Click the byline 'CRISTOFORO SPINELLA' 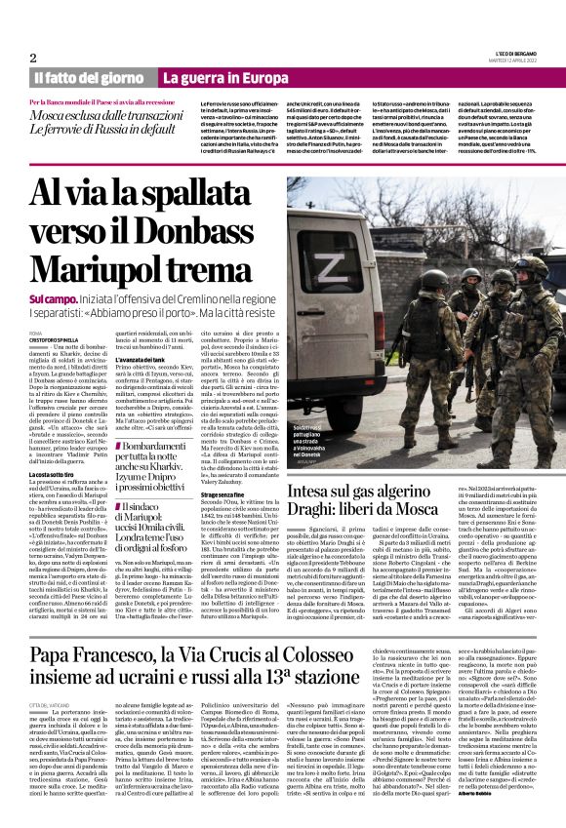tap(55, 339)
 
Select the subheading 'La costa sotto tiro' tap(54, 447)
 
